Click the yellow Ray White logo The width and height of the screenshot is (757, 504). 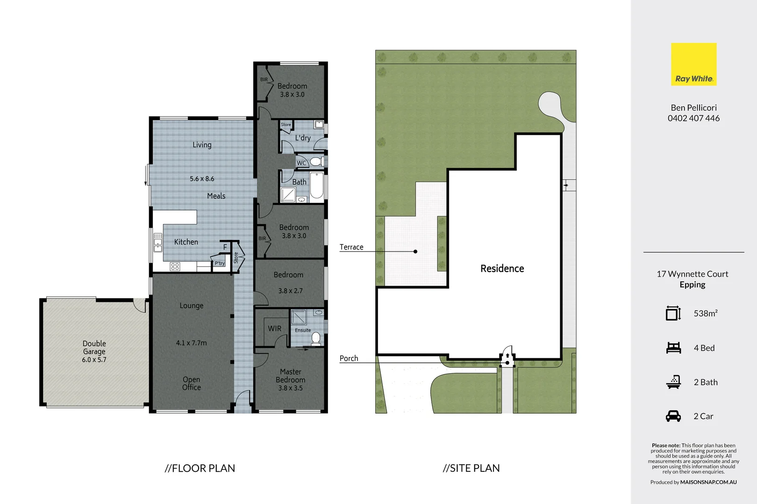point(693,64)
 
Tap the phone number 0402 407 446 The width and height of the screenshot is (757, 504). point(693,119)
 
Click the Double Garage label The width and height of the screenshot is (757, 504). point(94,348)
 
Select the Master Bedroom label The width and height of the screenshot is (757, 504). point(291,376)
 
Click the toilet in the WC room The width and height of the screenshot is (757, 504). point(316,162)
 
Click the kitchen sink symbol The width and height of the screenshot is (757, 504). point(157,242)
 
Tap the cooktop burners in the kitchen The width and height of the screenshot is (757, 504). point(175,266)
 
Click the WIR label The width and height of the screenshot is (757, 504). point(275,329)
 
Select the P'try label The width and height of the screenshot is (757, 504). point(220,263)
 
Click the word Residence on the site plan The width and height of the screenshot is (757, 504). point(502,268)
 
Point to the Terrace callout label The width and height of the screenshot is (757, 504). point(351,247)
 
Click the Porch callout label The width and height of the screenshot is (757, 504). point(349,358)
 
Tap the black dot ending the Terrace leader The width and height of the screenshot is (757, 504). point(415,252)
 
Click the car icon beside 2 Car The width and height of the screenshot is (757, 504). point(673,416)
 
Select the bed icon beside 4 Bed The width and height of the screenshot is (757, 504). point(673,348)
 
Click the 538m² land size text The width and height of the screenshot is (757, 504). point(706,314)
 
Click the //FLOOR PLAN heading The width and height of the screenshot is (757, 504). point(200,468)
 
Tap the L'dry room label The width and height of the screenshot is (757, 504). point(303,138)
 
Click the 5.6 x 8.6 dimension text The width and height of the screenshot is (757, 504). point(202,179)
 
